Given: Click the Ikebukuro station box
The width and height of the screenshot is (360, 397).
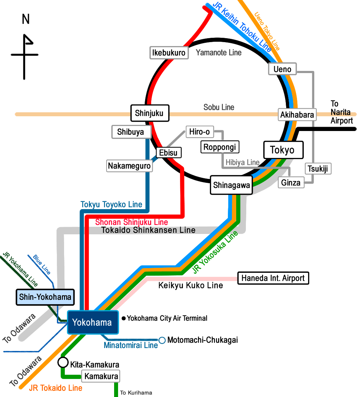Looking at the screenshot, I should point(169,53).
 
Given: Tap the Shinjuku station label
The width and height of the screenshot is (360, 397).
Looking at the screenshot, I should point(149,113).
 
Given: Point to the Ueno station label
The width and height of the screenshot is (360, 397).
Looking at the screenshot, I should point(282,69).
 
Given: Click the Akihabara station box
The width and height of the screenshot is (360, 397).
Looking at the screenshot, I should point(297,115).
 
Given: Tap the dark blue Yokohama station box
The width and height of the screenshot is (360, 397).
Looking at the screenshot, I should point(93,322).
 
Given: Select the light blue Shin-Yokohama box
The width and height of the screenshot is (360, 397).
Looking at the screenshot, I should point(45,297).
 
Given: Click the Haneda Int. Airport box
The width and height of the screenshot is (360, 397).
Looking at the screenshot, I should point(273,278).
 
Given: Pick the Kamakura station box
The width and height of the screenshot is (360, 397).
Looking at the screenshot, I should point(101,377).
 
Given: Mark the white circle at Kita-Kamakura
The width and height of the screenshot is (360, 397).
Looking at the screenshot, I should point(63,362).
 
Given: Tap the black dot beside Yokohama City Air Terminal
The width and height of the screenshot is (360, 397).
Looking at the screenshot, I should point(123,318).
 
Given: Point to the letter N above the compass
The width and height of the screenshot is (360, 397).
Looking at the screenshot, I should point(26,19).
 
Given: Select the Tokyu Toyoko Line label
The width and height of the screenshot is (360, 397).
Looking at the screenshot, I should point(111,204).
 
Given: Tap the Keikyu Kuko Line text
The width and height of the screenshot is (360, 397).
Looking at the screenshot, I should point(190,285).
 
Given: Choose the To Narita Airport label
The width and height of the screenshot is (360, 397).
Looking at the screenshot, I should point(341,112).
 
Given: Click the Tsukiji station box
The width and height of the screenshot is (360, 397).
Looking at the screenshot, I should point(318,168).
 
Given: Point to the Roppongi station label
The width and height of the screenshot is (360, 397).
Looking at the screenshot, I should point(220,147).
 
